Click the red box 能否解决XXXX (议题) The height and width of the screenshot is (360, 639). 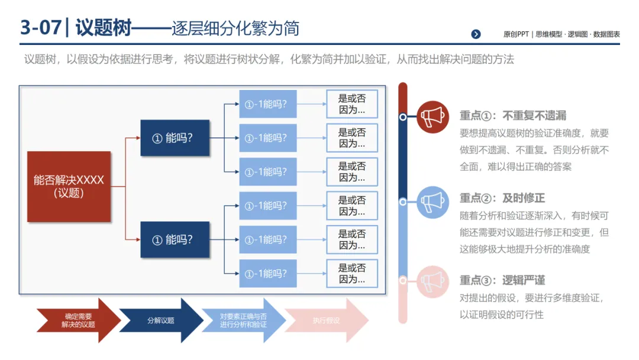[69, 187]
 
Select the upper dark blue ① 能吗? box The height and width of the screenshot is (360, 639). [175, 138]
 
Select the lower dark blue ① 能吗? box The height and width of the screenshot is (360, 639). [175, 240]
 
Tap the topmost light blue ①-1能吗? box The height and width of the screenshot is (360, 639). [267, 104]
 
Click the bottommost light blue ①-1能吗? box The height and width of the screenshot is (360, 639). [267, 274]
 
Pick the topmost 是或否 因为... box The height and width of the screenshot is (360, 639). [352, 104]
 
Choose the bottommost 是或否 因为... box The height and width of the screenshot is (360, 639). [352, 274]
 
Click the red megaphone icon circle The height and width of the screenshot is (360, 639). [433, 116]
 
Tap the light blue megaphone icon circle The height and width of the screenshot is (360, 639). [433, 202]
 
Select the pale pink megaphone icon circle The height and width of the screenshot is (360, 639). [433, 281]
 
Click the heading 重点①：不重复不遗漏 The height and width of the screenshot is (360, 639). [513, 116]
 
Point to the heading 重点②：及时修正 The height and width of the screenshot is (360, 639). [502, 198]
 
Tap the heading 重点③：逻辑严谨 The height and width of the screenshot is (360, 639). [502, 280]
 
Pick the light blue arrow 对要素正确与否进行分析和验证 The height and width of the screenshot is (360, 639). [243, 320]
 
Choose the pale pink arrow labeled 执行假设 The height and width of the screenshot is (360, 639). [326, 320]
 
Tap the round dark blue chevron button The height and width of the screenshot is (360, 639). [476, 34]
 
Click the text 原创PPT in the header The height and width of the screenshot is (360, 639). [516, 34]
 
